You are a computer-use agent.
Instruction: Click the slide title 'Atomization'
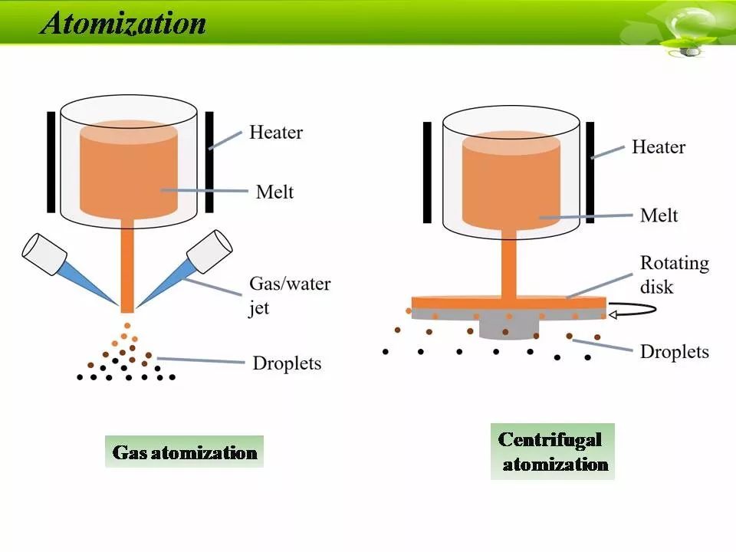click(x=123, y=24)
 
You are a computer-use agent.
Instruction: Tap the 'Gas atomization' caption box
click(x=184, y=452)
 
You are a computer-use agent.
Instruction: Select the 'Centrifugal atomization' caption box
click(x=553, y=452)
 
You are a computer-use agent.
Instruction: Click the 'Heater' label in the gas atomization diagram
click(x=276, y=133)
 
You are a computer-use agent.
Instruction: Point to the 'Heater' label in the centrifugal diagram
click(x=658, y=146)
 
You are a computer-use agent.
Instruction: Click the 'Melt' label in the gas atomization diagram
click(x=274, y=191)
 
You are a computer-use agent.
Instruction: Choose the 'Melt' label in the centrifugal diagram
click(x=659, y=215)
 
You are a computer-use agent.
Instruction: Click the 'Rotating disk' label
click(x=675, y=273)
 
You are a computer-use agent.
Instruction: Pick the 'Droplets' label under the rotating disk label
click(x=674, y=351)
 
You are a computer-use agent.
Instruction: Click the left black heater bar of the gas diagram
click(x=51, y=162)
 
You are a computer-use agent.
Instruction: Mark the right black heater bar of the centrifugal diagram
click(x=591, y=172)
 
